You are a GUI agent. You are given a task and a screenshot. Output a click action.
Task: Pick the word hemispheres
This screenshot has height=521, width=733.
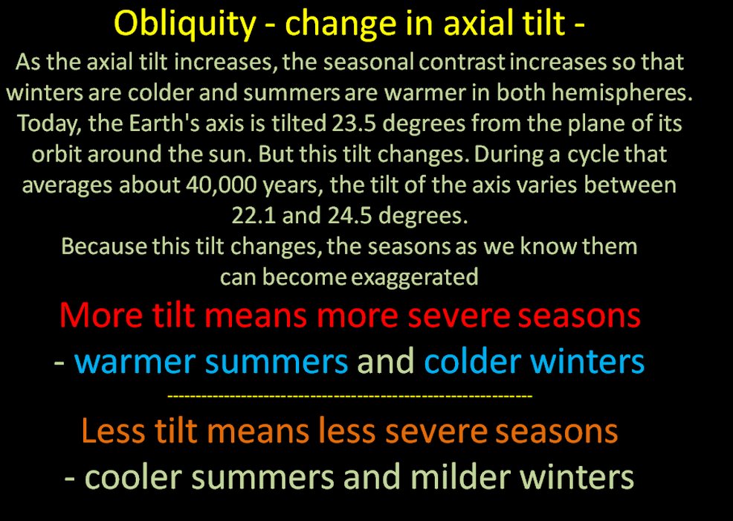click(622, 94)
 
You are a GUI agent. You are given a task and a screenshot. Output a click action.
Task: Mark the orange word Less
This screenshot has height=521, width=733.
click(113, 431)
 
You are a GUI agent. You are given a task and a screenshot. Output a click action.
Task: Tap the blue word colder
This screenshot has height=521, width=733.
click(472, 362)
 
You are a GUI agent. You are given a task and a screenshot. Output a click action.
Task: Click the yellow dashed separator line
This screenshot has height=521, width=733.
click(349, 397)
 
